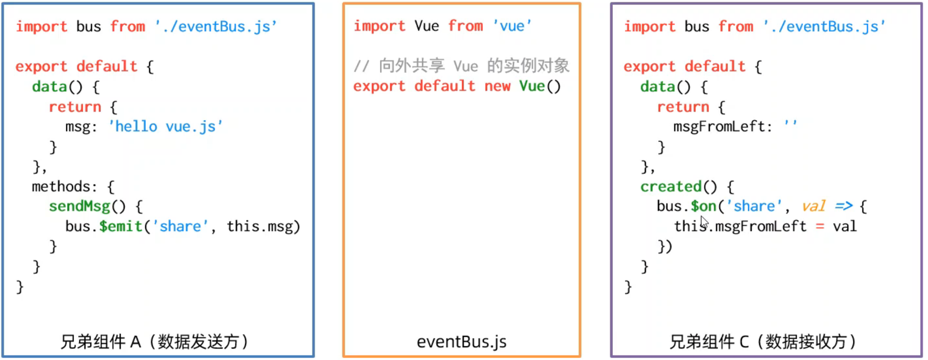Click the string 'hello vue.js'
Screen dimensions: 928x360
166,126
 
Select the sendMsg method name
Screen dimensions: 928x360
79,206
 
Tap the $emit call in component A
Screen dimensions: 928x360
121,226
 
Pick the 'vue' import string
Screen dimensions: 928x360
512,26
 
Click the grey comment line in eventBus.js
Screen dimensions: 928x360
461,66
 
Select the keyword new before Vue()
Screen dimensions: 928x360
497,86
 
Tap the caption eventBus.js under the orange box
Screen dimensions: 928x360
462,342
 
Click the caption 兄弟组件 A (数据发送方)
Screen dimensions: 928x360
154,342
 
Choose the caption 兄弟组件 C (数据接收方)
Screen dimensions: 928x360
762,342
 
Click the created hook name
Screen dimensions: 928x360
670,186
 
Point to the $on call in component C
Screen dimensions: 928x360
703,206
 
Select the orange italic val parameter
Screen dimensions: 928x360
814,206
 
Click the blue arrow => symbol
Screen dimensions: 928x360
844,206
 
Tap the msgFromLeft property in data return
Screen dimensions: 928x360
719,126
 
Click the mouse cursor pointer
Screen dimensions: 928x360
704,223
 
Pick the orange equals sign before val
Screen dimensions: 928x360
819,227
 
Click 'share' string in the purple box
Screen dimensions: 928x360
754,206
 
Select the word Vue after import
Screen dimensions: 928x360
426,26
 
